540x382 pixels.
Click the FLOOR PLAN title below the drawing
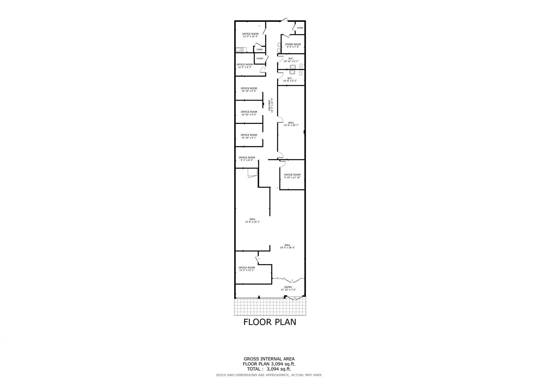[270, 322]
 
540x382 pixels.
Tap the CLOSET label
[260, 59]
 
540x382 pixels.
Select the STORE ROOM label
[293, 44]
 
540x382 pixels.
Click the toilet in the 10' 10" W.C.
[301, 66]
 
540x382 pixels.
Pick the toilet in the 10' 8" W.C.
[301, 73]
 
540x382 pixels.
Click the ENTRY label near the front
[288, 287]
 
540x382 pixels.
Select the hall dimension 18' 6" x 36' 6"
[287, 248]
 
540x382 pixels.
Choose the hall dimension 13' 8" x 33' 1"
[252, 222]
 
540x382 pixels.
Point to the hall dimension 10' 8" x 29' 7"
[291, 125]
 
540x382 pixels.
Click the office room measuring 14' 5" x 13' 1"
[247, 269]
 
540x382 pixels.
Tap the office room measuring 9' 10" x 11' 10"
[292, 176]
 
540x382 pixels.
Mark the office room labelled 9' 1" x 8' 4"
[247, 159]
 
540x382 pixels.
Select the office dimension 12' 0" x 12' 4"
[250, 36]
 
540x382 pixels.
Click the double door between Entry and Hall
[292, 280]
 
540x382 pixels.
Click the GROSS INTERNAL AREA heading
[269, 359]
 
